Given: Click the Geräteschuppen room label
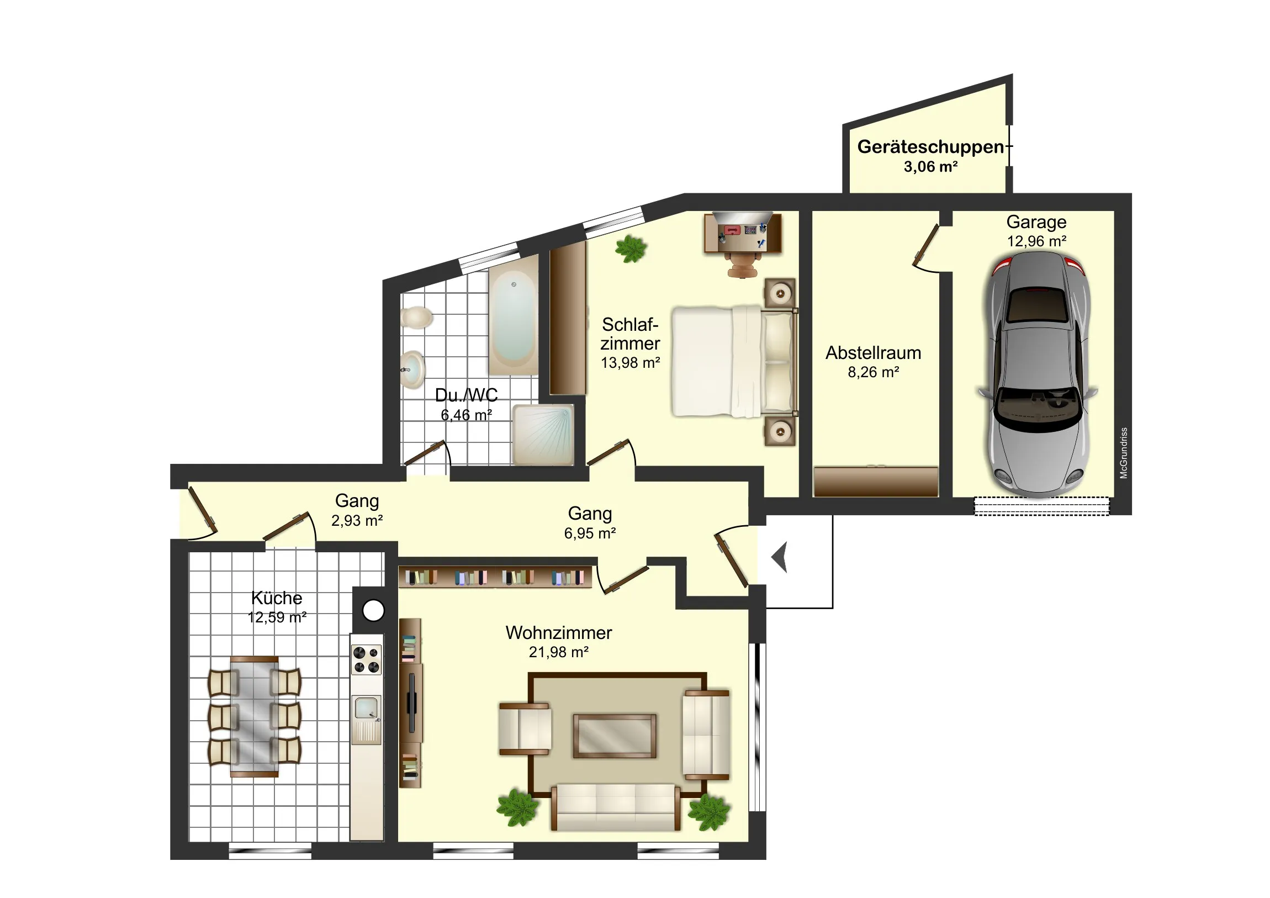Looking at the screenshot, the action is (x=930, y=147).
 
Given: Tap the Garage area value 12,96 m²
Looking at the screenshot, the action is (x=1036, y=241).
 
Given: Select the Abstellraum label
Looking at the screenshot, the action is (x=874, y=353).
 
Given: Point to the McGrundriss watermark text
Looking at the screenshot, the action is (x=1124, y=453).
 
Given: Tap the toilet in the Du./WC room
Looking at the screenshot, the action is (x=416, y=318).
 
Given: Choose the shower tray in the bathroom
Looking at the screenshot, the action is (x=543, y=435).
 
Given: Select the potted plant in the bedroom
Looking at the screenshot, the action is (x=631, y=249).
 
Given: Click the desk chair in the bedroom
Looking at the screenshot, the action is (x=743, y=265).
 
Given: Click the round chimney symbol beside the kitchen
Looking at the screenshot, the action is (x=373, y=611).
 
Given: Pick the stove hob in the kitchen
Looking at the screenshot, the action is (x=367, y=660).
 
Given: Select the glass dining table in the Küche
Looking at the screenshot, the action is (x=255, y=716).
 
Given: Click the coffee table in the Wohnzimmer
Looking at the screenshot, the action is (x=615, y=736).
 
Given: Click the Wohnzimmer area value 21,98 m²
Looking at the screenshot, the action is (x=559, y=652).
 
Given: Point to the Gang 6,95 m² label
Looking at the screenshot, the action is (x=590, y=523).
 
